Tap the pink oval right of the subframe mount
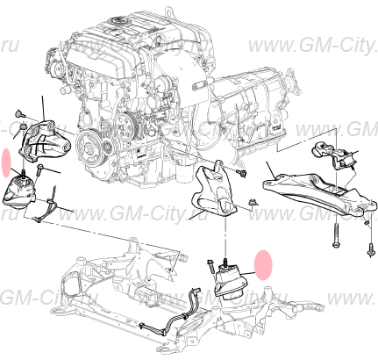[x=263, y=263]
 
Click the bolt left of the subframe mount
[x=211, y=263]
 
